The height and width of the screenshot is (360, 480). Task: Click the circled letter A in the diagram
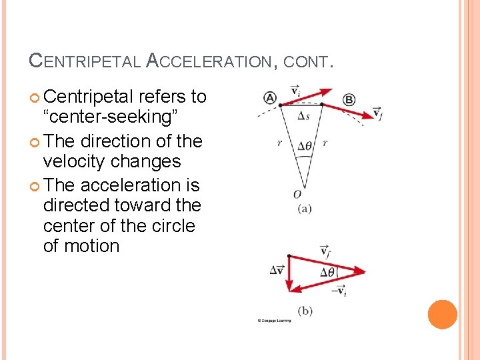[270, 98]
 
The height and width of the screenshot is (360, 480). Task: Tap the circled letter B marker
[349, 100]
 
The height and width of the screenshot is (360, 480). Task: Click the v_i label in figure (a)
[295, 89]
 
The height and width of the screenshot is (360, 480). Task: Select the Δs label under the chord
[303, 117]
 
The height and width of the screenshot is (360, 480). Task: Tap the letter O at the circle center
[297, 194]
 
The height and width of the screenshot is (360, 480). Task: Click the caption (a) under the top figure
[303, 208]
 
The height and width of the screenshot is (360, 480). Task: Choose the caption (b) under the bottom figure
[305, 311]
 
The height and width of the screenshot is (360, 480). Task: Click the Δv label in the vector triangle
[277, 270]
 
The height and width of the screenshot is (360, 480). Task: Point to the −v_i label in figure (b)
[339, 291]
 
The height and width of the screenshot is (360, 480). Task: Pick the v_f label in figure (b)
[325, 251]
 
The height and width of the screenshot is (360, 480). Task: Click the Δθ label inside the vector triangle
[328, 272]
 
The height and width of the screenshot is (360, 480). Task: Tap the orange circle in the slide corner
[442, 315]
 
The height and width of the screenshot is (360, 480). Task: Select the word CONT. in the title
[307, 62]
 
